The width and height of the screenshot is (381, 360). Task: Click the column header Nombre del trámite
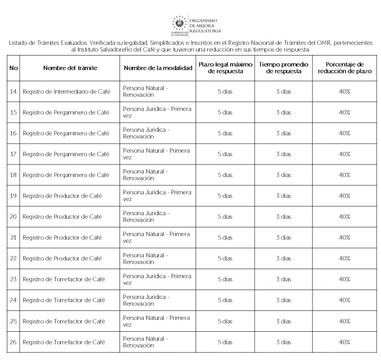click(70, 67)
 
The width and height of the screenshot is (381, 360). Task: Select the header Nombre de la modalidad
click(158, 67)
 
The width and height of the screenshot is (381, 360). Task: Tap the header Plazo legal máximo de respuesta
click(225, 67)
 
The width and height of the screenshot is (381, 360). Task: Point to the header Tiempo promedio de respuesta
click(283, 67)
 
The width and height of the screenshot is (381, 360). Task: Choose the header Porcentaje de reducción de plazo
click(344, 67)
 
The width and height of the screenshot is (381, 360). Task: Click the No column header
click(13, 67)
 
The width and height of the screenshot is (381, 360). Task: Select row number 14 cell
click(13, 92)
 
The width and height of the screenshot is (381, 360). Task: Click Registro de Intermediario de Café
click(66, 92)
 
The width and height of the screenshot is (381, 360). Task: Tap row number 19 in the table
click(13, 196)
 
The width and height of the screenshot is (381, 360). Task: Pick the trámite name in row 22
click(62, 258)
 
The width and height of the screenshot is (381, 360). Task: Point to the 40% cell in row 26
click(344, 342)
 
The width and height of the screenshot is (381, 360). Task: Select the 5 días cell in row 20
click(225, 217)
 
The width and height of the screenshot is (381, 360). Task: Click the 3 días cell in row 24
click(283, 300)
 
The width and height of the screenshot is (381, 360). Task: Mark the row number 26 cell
click(13, 342)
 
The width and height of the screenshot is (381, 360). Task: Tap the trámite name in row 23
click(63, 279)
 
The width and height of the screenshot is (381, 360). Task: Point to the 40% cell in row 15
click(344, 113)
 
